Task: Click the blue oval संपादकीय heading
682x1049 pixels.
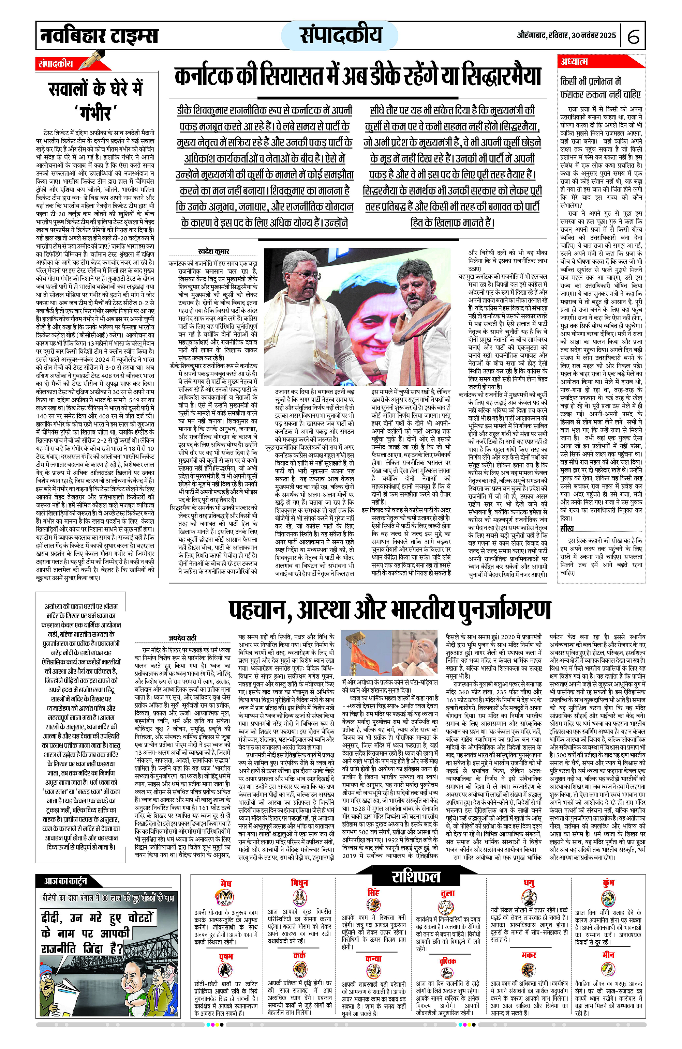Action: (340, 35)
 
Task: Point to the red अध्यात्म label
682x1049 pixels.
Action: (574, 61)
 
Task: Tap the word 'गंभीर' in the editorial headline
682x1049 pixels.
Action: (96, 113)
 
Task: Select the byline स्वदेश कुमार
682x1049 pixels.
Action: (213, 252)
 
